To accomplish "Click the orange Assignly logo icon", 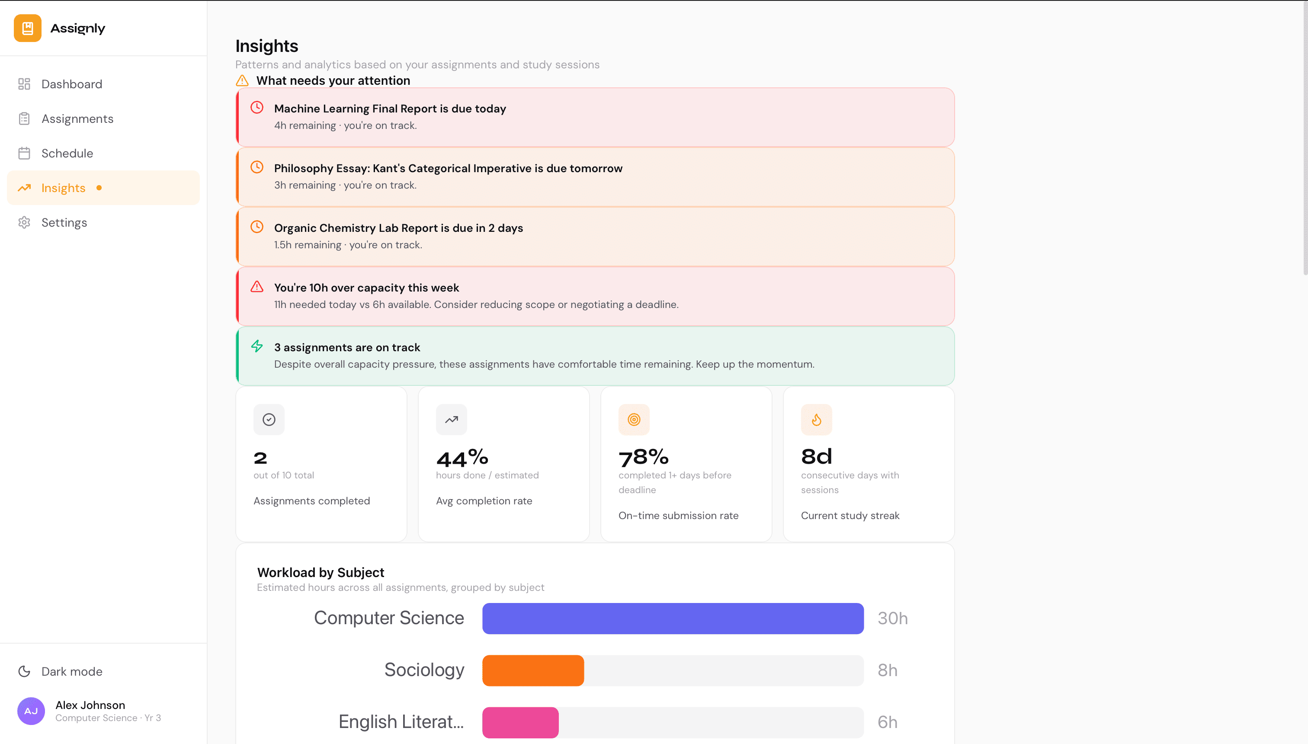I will pyautogui.click(x=28, y=28).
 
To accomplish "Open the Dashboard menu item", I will pyautogui.click(x=71, y=84).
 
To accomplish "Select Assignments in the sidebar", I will pyautogui.click(x=77, y=119).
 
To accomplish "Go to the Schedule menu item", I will pyautogui.click(x=67, y=153).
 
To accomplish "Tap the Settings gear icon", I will pyautogui.click(x=24, y=223).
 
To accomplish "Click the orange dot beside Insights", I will pyautogui.click(x=99, y=188).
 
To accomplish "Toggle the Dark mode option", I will pyautogui.click(x=71, y=671).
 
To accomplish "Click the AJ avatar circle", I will pyautogui.click(x=31, y=711).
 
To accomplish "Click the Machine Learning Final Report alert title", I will pyautogui.click(x=390, y=109).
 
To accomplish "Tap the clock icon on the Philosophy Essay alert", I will pyautogui.click(x=257, y=167).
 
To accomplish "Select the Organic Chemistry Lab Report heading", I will pyautogui.click(x=398, y=228).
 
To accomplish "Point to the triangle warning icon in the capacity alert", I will pyautogui.click(x=257, y=287).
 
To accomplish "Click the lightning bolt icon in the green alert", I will pyautogui.click(x=257, y=346).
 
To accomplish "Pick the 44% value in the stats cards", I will pyautogui.click(x=462, y=458).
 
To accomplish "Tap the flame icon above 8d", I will pyautogui.click(x=816, y=420).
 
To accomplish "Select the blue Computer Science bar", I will pyautogui.click(x=673, y=618).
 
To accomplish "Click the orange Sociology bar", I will pyautogui.click(x=533, y=670).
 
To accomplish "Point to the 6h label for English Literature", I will pyautogui.click(x=887, y=722).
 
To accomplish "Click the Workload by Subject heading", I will pyautogui.click(x=321, y=572).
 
